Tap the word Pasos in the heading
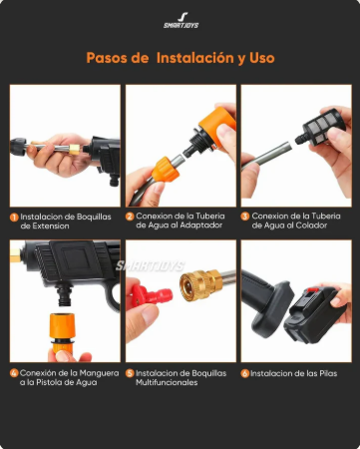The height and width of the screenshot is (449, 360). [107, 58]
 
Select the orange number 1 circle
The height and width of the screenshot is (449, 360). [14, 216]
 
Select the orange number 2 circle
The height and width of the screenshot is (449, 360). [130, 216]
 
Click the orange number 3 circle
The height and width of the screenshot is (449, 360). [245, 216]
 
